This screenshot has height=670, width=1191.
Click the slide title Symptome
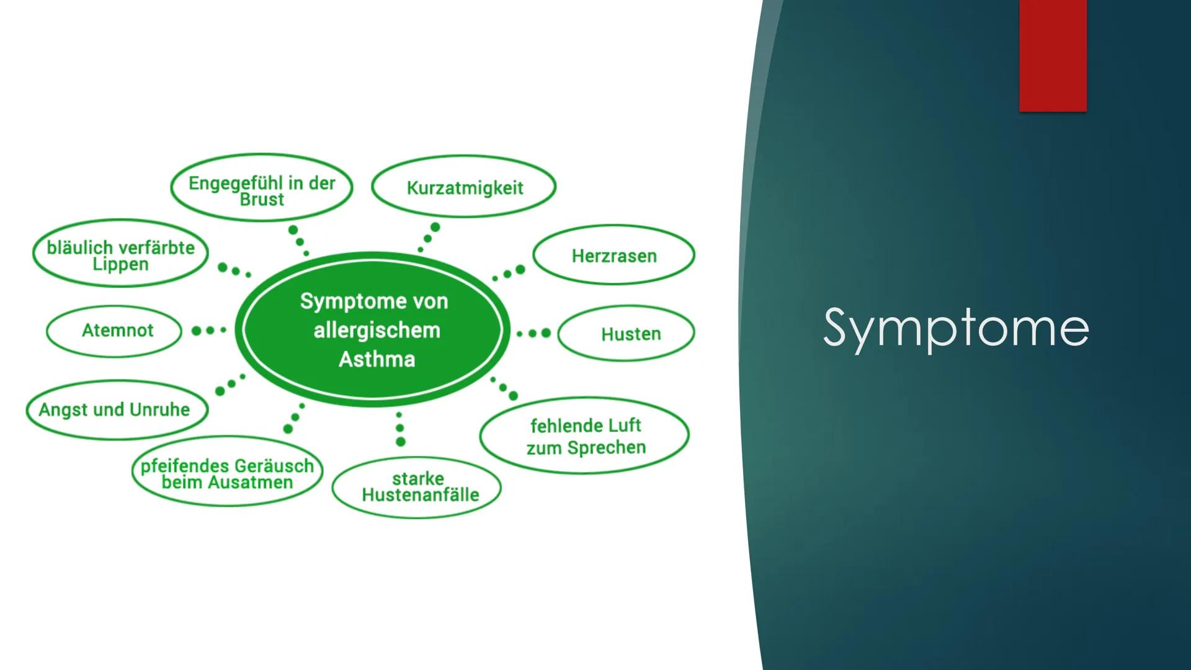955,328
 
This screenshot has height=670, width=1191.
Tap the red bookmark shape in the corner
1052,56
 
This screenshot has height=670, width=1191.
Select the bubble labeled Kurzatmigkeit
464,187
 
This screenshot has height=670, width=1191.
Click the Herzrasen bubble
613,256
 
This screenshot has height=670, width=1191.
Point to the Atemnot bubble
117,330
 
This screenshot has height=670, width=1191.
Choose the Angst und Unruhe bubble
114,409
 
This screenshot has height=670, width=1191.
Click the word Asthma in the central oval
377,359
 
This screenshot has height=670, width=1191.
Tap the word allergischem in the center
377,330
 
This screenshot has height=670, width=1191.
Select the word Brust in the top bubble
262,200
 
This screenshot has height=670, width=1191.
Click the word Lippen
120,264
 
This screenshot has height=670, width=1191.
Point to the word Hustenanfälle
420,495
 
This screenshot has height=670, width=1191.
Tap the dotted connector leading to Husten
533,333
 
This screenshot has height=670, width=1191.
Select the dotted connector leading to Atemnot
208,331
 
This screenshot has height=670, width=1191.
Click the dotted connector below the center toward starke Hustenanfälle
399,429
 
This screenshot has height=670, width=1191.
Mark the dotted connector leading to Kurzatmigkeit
428,238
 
